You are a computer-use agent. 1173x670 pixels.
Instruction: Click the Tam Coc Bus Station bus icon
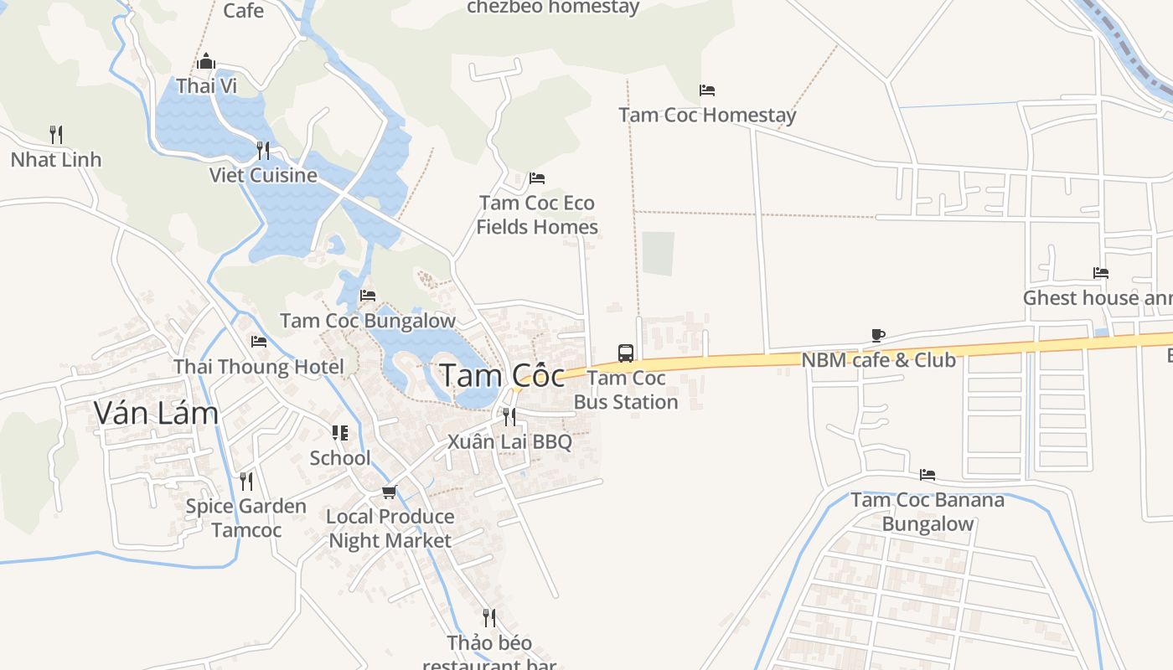point(626,353)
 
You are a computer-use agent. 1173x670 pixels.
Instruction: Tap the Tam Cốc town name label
point(501,375)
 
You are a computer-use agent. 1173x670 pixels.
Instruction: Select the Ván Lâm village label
point(156,412)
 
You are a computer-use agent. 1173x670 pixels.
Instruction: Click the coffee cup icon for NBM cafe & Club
point(878,335)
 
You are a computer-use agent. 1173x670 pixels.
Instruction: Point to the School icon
point(340,433)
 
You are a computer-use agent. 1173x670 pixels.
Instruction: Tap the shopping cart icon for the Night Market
point(389,492)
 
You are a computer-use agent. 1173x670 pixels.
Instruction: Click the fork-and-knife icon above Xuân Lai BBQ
point(509,416)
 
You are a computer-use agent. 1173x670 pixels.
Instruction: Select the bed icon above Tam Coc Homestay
point(707,90)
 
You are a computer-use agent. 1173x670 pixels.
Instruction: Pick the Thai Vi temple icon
point(206,61)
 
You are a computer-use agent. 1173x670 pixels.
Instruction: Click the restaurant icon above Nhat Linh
point(56,134)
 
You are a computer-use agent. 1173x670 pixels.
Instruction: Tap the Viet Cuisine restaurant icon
point(263,150)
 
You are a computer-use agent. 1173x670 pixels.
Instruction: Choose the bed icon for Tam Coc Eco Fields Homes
point(537,178)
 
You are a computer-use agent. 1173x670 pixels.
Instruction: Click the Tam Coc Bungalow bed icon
point(368,296)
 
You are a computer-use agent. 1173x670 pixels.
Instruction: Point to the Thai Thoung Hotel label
point(258,367)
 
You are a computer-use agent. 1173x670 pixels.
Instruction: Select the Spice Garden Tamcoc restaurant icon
point(246,481)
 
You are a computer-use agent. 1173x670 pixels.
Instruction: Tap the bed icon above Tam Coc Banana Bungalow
point(928,475)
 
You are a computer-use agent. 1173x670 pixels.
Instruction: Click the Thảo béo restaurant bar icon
point(489,618)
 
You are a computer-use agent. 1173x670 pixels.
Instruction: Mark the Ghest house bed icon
point(1101,273)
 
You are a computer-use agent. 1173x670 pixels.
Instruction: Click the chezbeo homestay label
point(553,8)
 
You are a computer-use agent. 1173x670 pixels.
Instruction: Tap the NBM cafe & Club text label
point(878,360)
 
